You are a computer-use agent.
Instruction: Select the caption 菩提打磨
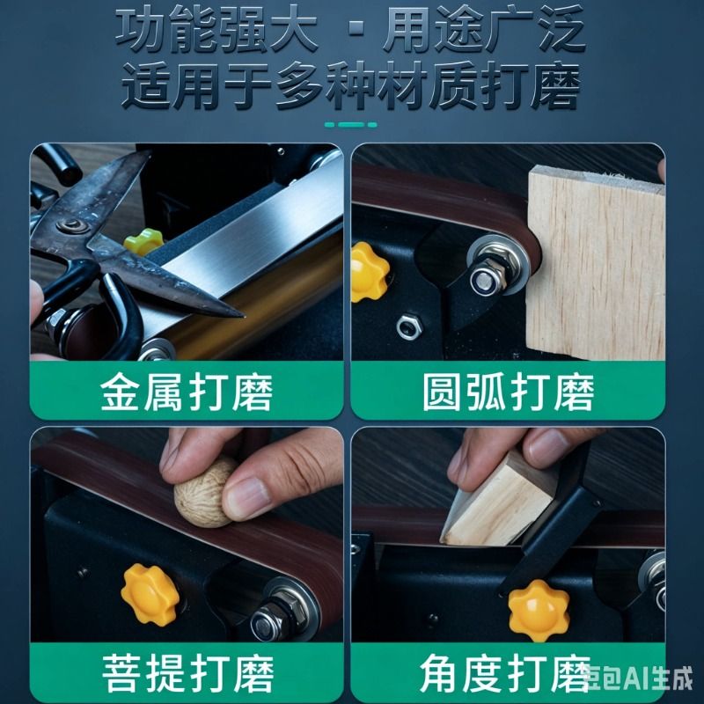click(x=187, y=673)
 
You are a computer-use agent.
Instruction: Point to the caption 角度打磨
click(x=505, y=673)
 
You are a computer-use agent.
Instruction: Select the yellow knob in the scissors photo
click(x=143, y=241)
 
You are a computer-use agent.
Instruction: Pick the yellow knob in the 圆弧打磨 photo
click(x=368, y=272)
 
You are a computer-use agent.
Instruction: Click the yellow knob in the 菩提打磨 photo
click(x=150, y=595)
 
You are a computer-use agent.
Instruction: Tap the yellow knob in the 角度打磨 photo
click(x=539, y=610)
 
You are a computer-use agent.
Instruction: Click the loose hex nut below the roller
click(x=409, y=326)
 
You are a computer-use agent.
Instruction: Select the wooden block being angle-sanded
click(x=498, y=502)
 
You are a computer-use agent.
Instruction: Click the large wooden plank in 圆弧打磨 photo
click(x=596, y=263)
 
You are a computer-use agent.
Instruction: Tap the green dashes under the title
click(x=350, y=125)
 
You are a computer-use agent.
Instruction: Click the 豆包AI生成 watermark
click(x=639, y=677)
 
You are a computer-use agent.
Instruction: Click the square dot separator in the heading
click(x=357, y=28)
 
